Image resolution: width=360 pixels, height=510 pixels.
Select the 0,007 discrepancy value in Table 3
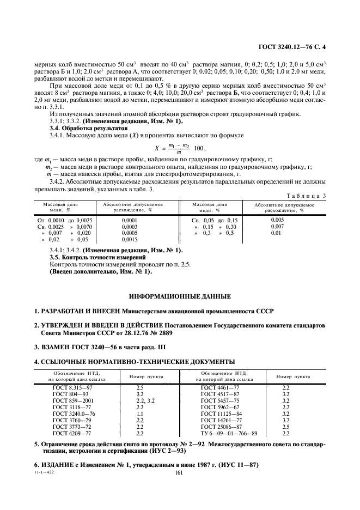pos(277,226)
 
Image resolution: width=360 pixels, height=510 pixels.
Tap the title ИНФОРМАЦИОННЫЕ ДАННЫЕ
pos(180,296)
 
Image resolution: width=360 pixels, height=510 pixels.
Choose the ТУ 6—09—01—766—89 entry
pos(229,433)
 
